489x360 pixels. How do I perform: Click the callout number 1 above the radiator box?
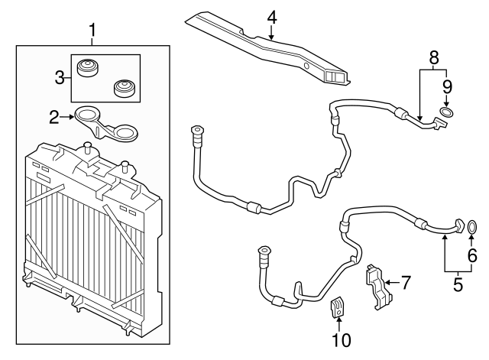tap(92, 31)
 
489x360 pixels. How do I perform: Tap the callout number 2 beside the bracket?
tap(54, 117)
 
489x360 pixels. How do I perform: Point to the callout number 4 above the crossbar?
tap(271, 15)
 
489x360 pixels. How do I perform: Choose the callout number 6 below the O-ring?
tap(472, 257)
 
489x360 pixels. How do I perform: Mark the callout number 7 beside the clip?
tap(406, 282)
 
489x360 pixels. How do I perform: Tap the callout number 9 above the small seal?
tap(448, 86)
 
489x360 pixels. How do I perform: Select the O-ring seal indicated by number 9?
tap(448, 113)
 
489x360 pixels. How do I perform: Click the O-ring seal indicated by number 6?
tap(472, 225)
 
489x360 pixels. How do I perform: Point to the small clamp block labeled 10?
tap(336, 308)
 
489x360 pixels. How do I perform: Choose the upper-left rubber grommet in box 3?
tap(89, 68)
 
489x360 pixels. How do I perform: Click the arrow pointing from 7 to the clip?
tap(390, 283)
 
